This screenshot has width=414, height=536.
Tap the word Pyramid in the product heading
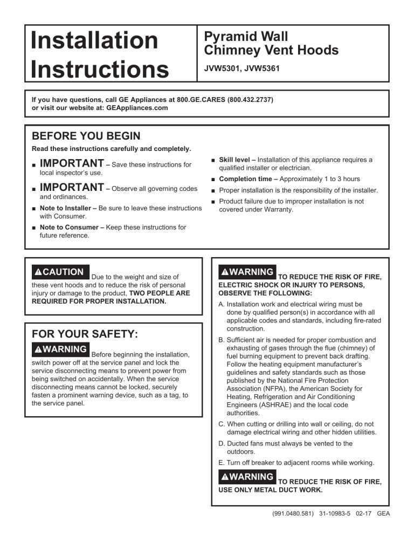point(227,37)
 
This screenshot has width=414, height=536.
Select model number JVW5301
point(222,69)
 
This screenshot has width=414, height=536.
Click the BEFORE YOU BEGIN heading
point(86,136)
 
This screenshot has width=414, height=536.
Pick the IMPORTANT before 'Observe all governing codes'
point(72,188)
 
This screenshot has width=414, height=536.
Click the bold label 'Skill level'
point(236,160)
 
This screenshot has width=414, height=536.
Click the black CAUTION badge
point(60,272)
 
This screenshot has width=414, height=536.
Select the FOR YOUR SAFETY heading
point(85,334)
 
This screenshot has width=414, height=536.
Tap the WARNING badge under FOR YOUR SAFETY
point(60,349)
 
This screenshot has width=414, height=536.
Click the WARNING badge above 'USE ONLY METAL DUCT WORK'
point(247,477)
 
